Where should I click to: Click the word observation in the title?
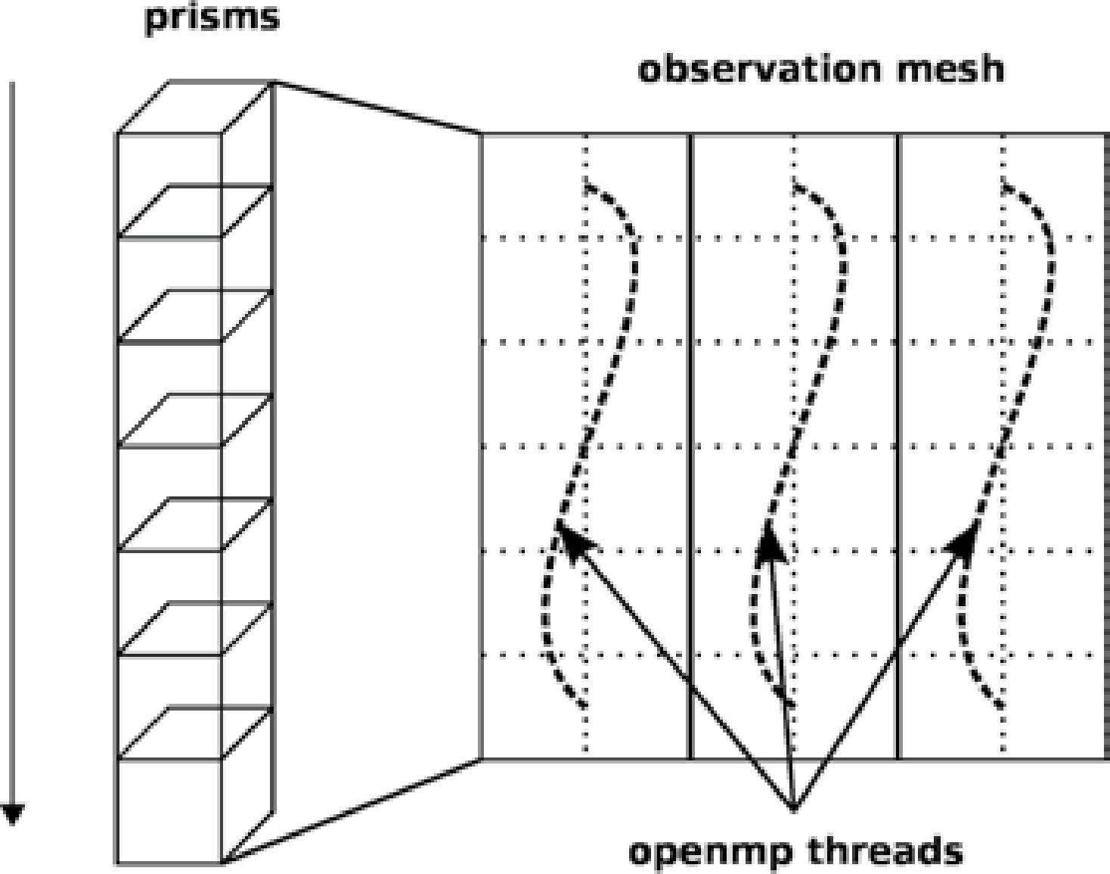(x=757, y=70)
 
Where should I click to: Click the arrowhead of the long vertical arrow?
(x=12, y=814)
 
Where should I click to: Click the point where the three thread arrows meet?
(x=792, y=808)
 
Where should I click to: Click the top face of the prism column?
(x=194, y=107)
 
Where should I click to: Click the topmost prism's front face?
(x=169, y=185)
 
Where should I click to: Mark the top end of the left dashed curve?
(x=586, y=184)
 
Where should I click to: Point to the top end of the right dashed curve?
(x=1005, y=184)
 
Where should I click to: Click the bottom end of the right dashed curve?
(x=1003, y=707)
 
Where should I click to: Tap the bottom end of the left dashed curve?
(x=584, y=707)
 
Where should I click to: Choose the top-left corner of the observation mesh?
(x=482, y=135)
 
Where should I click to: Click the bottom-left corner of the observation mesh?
(x=482, y=758)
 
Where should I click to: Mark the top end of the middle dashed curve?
(x=795, y=184)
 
